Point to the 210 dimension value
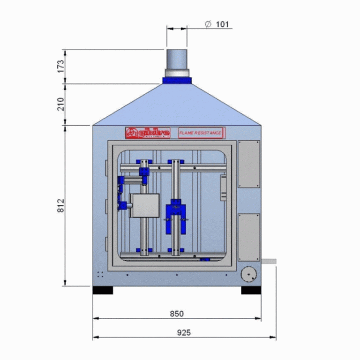coord(60,104)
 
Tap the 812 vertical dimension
coord(60,205)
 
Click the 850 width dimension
coord(177,314)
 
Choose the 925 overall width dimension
coord(184,332)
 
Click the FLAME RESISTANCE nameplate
coord(201,133)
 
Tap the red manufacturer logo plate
coord(147,133)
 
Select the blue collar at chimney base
coord(177,80)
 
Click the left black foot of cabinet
coord(103,290)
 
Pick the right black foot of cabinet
coord(251,290)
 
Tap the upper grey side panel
coord(249,164)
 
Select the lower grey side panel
coord(249,237)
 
